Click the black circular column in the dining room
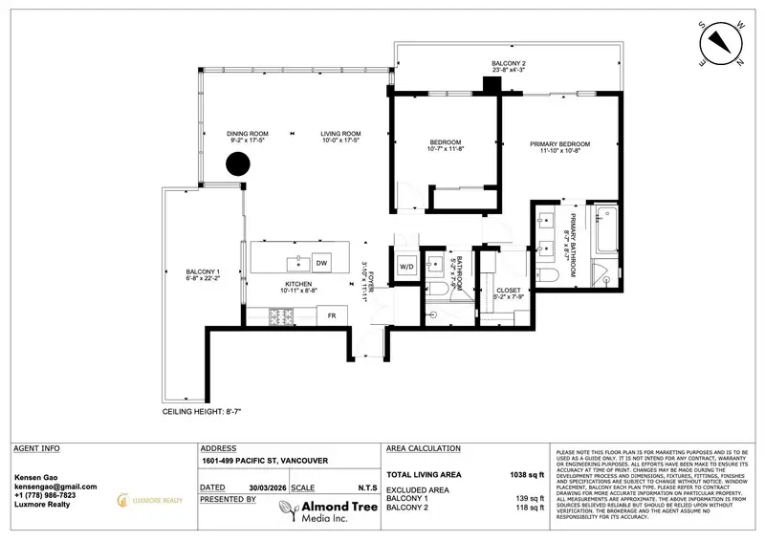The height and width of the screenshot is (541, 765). pyautogui.click(x=237, y=163)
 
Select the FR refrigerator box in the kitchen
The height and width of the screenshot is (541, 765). pyautogui.click(x=332, y=314)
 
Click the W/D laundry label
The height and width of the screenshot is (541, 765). pyautogui.click(x=405, y=266)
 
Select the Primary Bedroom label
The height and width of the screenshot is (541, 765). pyautogui.click(x=556, y=143)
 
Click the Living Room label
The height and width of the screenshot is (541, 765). pyautogui.click(x=339, y=133)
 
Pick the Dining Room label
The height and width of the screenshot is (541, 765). pyautogui.click(x=247, y=133)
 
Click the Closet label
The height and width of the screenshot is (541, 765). pyautogui.click(x=509, y=290)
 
